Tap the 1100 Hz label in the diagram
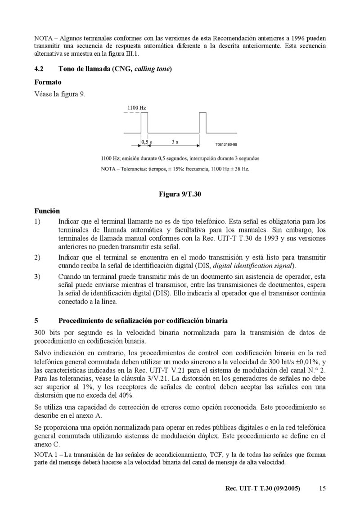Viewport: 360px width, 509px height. (136, 108)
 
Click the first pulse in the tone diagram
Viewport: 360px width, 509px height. (144, 123)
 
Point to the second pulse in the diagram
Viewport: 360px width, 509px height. (202, 123)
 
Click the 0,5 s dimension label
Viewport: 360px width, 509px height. (147, 142)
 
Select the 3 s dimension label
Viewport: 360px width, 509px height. (175, 142)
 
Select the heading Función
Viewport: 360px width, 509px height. (47, 210)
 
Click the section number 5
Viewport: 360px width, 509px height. (36, 321)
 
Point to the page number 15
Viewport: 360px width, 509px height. (322, 488)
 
